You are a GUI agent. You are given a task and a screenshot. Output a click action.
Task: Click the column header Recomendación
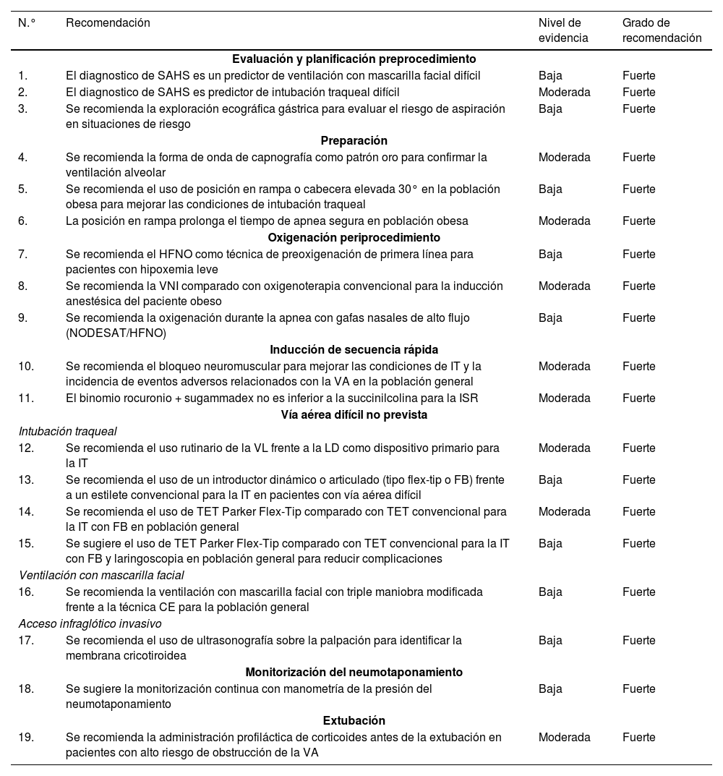(x=108, y=23)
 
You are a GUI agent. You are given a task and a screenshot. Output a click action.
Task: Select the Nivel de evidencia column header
(x=563, y=30)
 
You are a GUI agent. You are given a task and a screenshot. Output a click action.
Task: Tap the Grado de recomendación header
(x=662, y=30)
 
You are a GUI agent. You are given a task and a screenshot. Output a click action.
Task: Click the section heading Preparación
(x=354, y=140)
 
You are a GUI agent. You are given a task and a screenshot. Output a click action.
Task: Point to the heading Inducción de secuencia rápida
(x=354, y=350)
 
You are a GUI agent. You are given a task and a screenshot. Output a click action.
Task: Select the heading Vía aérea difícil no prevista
(x=354, y=414)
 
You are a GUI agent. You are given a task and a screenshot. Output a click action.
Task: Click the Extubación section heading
(x=354, y=720)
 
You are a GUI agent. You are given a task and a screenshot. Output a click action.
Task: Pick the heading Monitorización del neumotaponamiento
(x=354, y=672)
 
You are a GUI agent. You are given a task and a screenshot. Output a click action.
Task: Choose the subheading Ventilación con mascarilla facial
(x=101, y=575)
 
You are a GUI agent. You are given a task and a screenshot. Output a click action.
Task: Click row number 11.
(x=26, y=398)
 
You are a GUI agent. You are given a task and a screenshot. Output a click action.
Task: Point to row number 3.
(x=23, y=108)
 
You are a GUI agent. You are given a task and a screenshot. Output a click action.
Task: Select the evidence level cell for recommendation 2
(x=564, y=92)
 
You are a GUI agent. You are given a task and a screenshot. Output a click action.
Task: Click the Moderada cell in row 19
(x=564, y=737)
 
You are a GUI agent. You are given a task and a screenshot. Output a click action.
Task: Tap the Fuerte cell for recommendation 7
(x=638, y=254)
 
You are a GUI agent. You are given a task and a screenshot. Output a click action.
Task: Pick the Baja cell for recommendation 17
(x=550, y=640)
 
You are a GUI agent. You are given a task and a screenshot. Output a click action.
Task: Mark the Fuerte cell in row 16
(x=638, y=592)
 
